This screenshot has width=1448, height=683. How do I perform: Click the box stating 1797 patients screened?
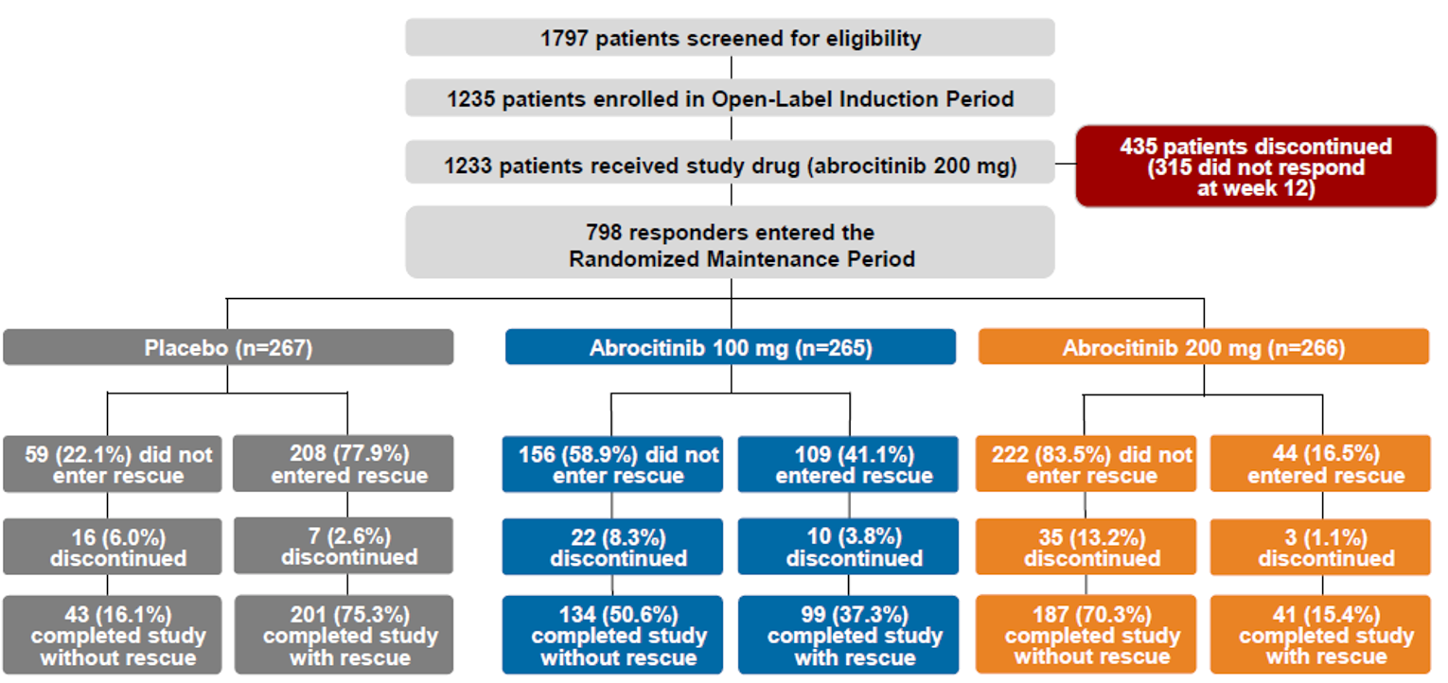[730, 38]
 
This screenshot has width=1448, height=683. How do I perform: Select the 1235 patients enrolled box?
[730, 98]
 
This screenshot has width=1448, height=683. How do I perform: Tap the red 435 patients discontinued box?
[1255, 166]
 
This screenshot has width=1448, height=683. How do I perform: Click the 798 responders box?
[730, 244]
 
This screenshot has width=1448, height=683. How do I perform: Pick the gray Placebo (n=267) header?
[228, 347]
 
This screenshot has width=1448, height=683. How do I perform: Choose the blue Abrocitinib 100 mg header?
[730, 347]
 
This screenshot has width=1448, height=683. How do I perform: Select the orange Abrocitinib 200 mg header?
[1203, 347]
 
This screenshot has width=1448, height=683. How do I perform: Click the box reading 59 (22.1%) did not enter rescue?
[113, 464]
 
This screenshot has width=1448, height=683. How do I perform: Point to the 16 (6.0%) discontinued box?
[113, 547]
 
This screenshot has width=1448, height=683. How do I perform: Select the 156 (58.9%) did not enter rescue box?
[612, 464]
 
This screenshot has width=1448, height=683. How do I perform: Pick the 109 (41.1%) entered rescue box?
[849, 464]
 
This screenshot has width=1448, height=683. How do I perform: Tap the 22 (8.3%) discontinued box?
[612, 548]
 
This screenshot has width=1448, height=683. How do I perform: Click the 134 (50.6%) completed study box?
[612, 635]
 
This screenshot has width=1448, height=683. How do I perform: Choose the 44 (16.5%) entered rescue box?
[1320, 464]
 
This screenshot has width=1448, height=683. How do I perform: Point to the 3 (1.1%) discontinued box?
[1320, 548]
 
